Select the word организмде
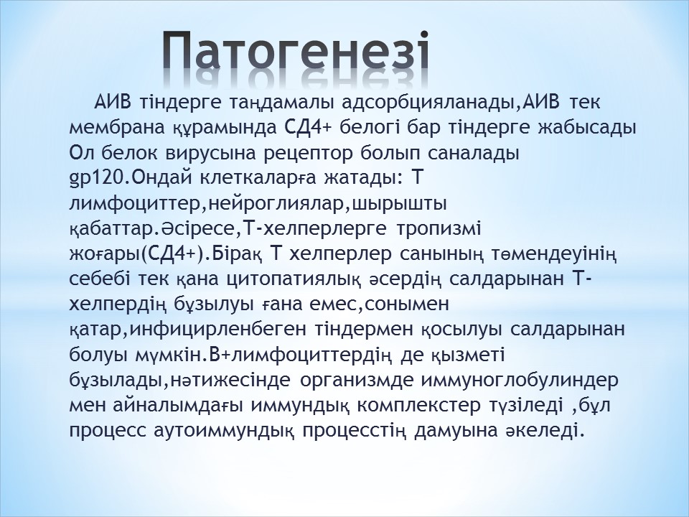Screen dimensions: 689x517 click(x=357, y=381)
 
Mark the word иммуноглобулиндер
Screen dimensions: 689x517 click(x=520, y=381)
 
